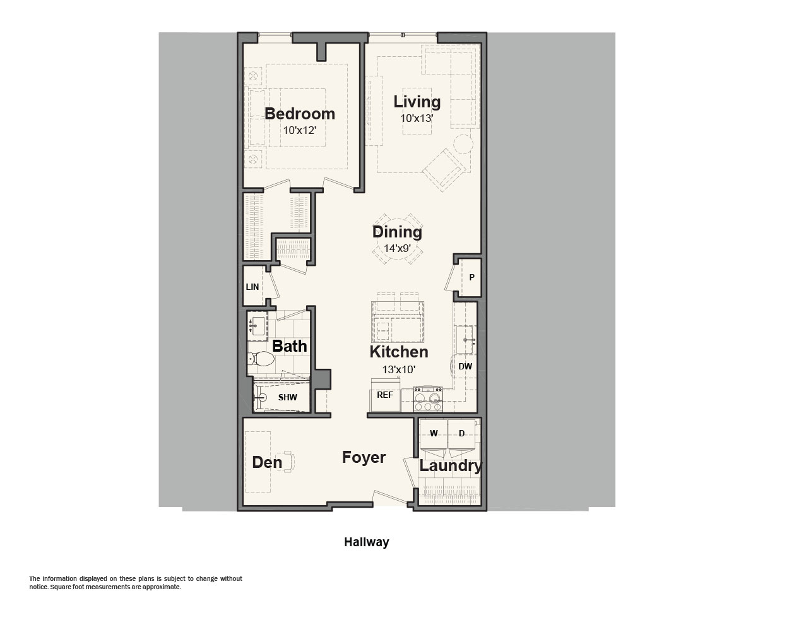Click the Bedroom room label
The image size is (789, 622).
point(300,114)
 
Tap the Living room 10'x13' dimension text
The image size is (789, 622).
point(417,119)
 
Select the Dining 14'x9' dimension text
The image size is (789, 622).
point(397,248)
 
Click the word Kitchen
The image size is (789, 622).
point(399,352)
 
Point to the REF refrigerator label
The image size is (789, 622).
point(385,395)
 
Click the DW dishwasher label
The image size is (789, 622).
point(465,366)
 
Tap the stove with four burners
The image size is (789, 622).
point(428,398)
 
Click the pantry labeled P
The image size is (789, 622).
point(472,278)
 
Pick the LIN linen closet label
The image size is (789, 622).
point(252,287)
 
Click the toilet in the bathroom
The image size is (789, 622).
point(261,359)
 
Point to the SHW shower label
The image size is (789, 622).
point(287,398)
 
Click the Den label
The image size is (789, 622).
point(267,462)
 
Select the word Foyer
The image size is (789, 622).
point(364,458)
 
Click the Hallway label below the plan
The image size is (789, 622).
point(366,542)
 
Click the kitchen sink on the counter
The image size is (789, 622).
point(466,340)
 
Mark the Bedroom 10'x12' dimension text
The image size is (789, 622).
point(300,131)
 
